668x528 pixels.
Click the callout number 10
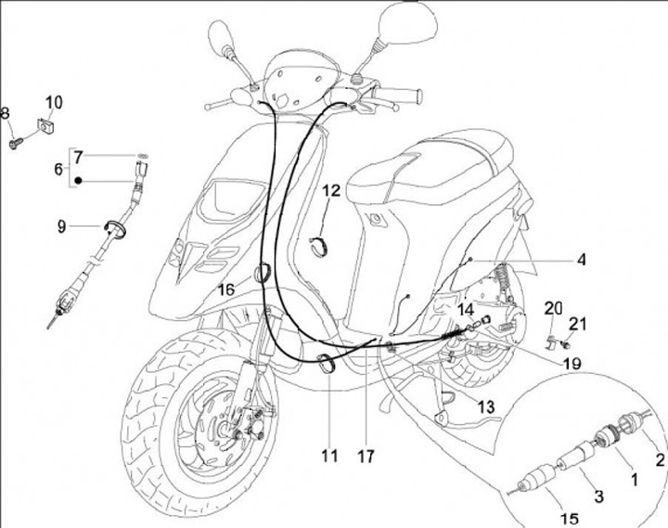tap(54, 100)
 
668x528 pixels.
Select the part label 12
tap(331, 192)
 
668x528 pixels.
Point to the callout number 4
tap(581, 261)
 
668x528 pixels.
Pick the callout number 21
tap(578, 323)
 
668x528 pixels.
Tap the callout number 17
tap(368, 456)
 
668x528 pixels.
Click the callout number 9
tap(62, 225)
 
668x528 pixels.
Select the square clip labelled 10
tap(43, 122)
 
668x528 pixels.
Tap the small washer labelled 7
tap(141, 154)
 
